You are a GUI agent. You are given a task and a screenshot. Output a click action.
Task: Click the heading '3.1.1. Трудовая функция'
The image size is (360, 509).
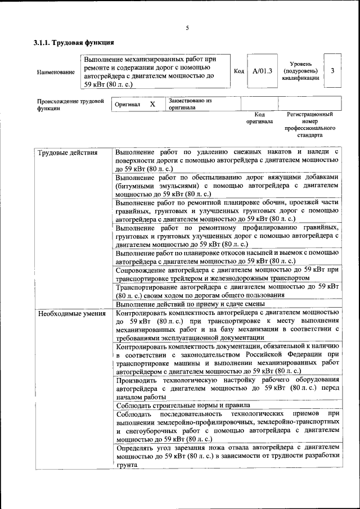[x=74, y=43]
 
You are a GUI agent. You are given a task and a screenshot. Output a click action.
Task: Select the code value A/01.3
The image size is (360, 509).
[x=262, y=71]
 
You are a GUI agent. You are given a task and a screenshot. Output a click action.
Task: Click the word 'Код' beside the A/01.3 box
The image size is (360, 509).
[x=238, y=71]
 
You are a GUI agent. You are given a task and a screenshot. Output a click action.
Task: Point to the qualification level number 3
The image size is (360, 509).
[x=333, y=71]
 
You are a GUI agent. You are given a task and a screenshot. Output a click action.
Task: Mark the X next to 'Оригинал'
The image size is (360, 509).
[x=152, y=105]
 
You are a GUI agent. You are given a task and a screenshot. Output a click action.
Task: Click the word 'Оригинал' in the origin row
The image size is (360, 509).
[x=127, y=105]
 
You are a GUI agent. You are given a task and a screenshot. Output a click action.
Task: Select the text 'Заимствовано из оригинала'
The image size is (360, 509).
[x=189, y=103]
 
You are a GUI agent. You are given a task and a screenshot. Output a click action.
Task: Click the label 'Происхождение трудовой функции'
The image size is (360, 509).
[x=67, y=105]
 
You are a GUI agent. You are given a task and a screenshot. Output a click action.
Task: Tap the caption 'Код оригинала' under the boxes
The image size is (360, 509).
[x=259, y=118]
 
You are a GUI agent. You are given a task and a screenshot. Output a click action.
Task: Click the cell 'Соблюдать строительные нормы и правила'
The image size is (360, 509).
[x=183, y=405]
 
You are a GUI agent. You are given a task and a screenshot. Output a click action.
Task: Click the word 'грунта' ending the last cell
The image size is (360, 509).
[x=127, y=465]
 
